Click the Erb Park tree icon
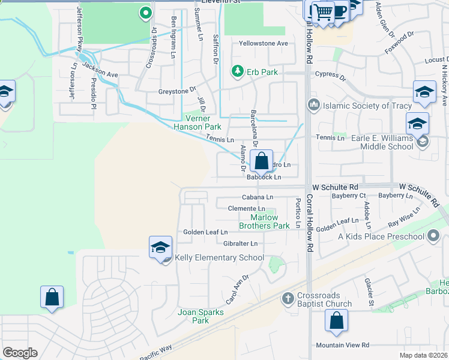coord(238,72)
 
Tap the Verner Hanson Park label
coord(197,122)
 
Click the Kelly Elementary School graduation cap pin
coord(161,247)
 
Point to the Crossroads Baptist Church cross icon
coord(288,298)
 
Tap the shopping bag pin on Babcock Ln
coord(261,161)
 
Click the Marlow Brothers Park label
coord(264,222)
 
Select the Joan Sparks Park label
coord(200,316)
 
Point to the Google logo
coord(20,353)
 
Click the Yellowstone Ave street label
coord(263,44)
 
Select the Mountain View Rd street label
coord(343,346)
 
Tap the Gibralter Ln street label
coord(241,244)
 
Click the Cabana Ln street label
coord(258,197)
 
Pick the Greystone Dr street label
coord(177,90)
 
